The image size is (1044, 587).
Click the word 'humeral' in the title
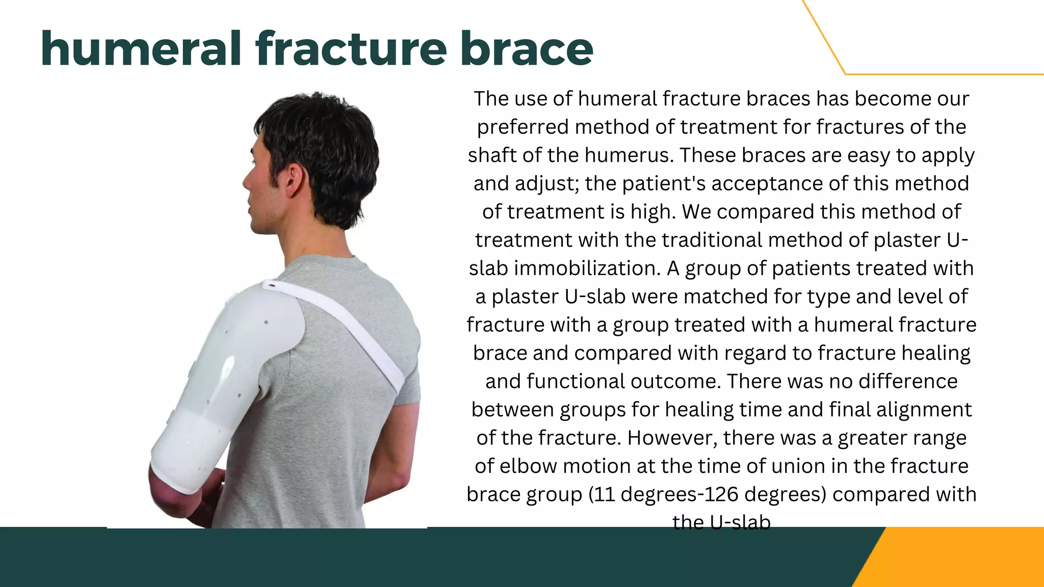pyautogui.click(x=141, y=49)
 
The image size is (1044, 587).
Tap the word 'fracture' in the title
pyautogui.click(x=351, y=49)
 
